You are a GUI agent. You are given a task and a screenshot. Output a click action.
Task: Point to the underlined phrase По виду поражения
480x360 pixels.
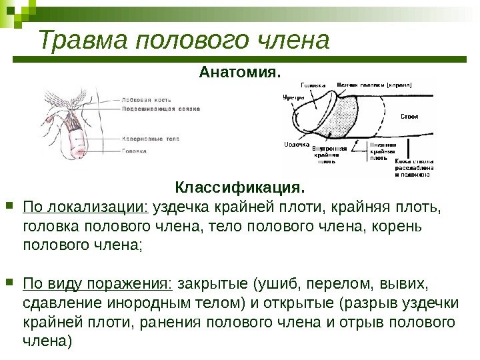[x=97, y=285]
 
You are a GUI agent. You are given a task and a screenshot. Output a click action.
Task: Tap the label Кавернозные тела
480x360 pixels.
[x=151, y=139]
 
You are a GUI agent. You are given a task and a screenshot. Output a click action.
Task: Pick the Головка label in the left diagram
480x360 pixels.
[x=136, y=151]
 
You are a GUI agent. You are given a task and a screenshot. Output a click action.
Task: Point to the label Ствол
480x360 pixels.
[x=409, y=117]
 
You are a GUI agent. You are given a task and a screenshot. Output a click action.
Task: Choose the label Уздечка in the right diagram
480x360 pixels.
[x=296, y=145]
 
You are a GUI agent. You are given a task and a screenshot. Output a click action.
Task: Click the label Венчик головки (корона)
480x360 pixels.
[x=373, y=85]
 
